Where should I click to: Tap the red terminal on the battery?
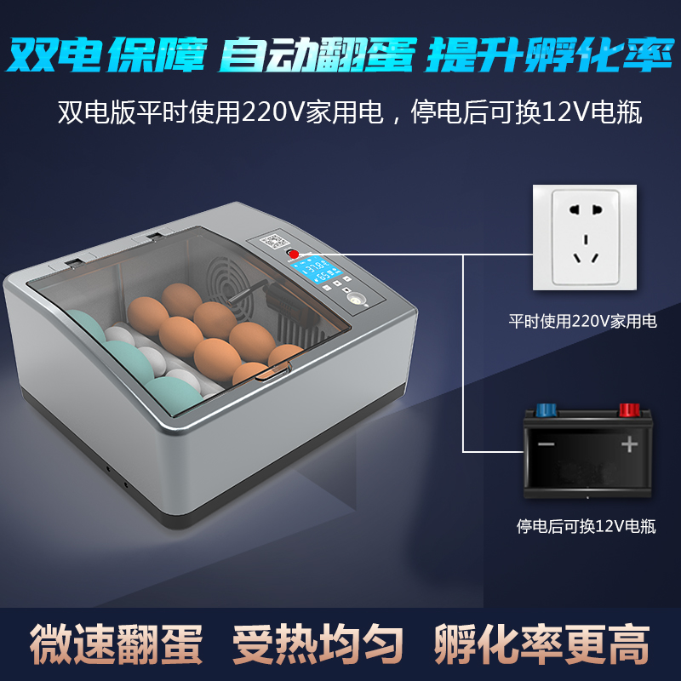(629, 410)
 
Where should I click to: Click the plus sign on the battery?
(629, 444)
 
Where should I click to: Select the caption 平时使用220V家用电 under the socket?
(583, 322)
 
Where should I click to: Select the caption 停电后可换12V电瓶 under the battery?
(587, 526)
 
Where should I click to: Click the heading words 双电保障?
(107, 53)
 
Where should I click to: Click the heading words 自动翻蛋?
(317, 53)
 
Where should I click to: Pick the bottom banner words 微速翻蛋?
(117, 644)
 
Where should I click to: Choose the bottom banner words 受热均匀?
(318, 644)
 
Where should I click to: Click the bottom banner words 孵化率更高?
(541, 644)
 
